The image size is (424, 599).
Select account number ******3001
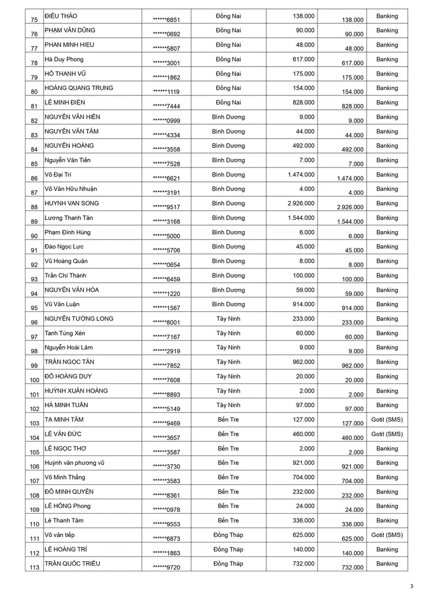[x=166, y=63]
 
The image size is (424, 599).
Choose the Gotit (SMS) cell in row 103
[x=387, y=420]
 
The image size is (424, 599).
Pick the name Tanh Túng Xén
[x=65, y=333]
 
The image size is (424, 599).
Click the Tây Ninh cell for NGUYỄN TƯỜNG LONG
[x=228, y=319]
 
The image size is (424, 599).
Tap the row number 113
[x=34, y=567]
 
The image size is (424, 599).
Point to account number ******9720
[x=166, y=567]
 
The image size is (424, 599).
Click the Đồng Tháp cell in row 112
[x=228, y=550]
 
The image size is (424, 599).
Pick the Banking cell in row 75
[x=387, y=16]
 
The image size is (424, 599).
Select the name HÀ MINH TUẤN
[x=66, y=405]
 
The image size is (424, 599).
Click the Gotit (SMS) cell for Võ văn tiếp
[x=387, y=535]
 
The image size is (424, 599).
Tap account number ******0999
[x=166, y=121]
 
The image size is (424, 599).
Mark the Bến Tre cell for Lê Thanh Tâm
[x=228, y=521]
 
